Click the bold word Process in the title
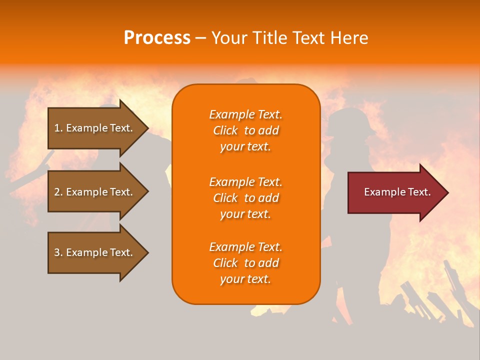click(x=157, y=38)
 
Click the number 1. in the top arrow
click(x=58, y=128)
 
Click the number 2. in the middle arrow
click(x=58, y=192)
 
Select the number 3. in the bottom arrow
click(x=58, y=252)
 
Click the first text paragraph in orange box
click(x=245, y=130)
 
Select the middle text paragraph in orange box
click(x=245, y=198)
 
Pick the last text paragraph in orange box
click(x=245, y=263)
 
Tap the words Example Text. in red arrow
click(x=397, y=192)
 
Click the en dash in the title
click(x=200, y=38)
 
